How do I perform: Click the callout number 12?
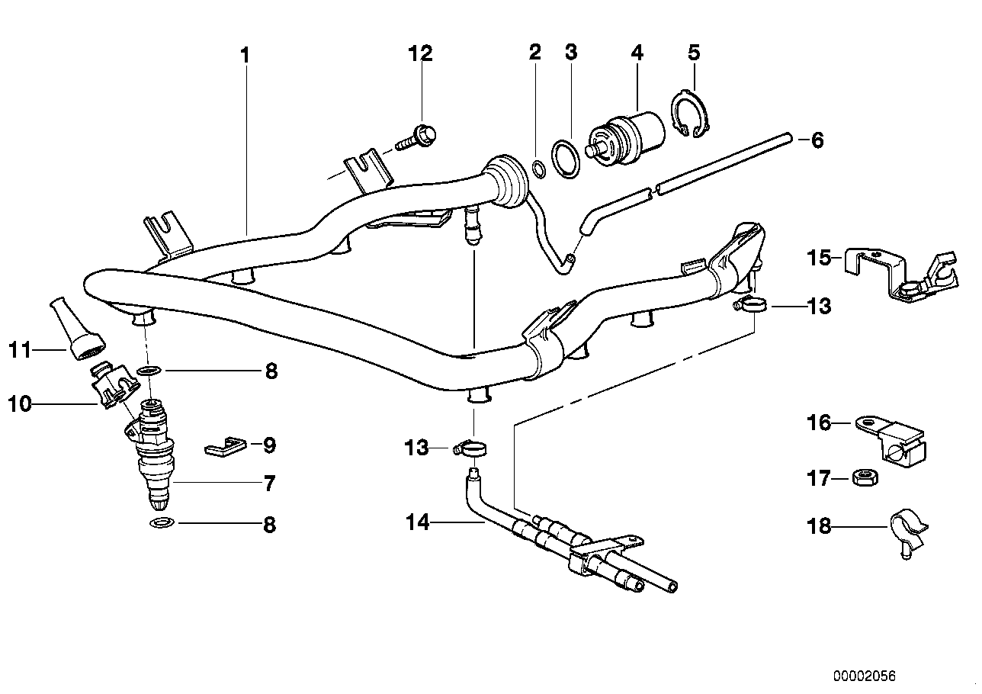pyautogui.click(x=420, y=53)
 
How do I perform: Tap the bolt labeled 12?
pyautogui.click(x=417, y=140)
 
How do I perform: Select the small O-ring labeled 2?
pyautogui.click(x=538, y=168)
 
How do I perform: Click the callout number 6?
pyautogui.click(x=817, y=140)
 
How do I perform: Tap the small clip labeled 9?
pyautogui.click(x=226, y=446)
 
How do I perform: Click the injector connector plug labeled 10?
pyautogui.click(x=109, y=387)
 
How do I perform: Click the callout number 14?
pyautogui.click(x=418, y=523)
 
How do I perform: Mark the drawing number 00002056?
pyautogui.click(x=862, y=676)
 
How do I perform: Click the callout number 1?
pyautogui.click(x=245, y=55)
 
